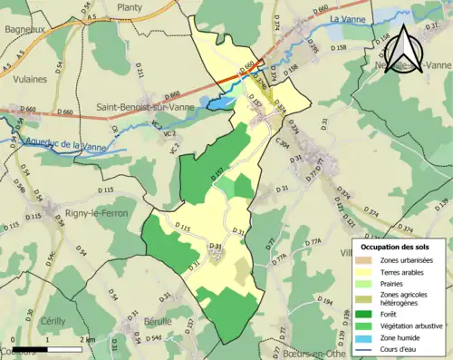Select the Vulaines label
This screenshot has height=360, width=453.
[x=30, y=80]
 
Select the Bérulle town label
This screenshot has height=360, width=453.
[x=156, y=321]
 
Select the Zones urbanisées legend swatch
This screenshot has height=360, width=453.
[x=366, y=261]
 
